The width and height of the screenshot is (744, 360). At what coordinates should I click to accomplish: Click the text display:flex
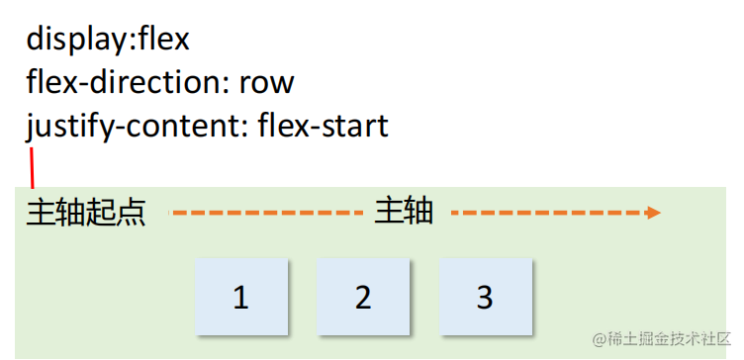(107, 40)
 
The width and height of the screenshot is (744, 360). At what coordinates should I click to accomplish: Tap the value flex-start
(323, 127)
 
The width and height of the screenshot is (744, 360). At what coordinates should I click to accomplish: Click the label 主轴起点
(85, 213)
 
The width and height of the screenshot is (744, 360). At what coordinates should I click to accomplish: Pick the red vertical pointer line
(33, 168)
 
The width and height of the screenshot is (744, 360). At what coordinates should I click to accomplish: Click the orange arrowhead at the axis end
(654, 213)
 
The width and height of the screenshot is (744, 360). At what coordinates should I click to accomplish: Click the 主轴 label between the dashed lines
(404, 212)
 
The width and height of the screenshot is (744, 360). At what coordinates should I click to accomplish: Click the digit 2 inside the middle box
(363, 297)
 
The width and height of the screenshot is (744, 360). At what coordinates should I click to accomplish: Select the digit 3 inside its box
(485, 297)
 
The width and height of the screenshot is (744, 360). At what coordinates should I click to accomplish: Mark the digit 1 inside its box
(241, 297)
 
